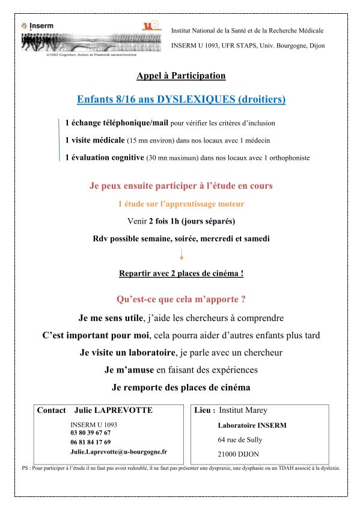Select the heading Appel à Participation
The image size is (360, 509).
coord(181,76)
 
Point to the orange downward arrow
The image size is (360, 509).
coord(181,255)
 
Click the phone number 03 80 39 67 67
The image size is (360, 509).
coord(90,433)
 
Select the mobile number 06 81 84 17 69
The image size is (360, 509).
coord(90,442)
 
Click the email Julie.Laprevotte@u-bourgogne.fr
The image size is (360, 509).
coord(118,451)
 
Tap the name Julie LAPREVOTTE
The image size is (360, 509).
coord(113,410)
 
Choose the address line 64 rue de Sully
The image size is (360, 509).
coord(240,439)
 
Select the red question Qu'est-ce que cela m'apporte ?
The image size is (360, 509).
coord(180,299)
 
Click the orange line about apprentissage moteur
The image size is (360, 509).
coord(181,204)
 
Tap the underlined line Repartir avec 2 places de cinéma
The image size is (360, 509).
coord(181,273)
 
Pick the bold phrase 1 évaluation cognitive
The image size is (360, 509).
coord(105,157)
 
